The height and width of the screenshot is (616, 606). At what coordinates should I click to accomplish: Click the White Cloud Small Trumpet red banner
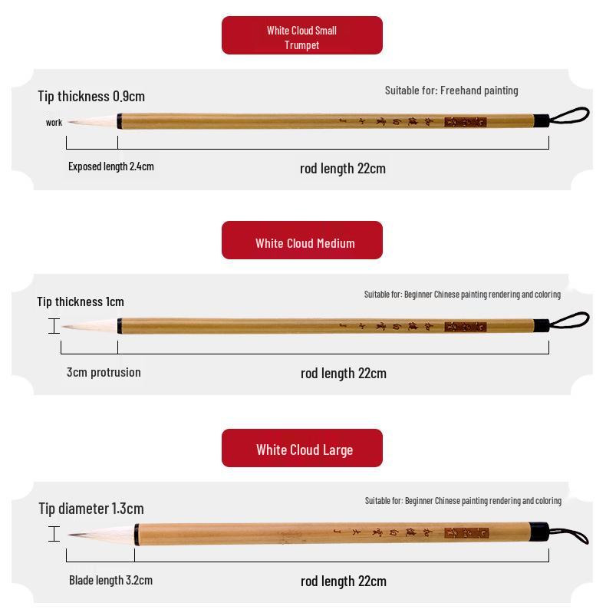click(x=301, y=36)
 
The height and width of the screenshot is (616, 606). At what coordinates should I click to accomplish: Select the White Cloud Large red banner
click(x=301, y=448)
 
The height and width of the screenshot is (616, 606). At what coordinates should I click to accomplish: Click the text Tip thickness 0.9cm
click(x=91, y=96)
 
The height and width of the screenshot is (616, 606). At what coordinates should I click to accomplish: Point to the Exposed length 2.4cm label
click(x=110, y=166)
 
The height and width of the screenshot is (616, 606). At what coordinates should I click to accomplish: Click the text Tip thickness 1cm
click(x=81, y=301)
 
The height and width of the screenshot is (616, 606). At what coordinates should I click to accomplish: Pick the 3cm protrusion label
click(x=104, y=372)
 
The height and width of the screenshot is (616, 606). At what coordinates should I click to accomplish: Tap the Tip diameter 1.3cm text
click(x=91, y=509)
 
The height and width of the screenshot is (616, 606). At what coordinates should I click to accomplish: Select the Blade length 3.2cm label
click(x=110, y=580)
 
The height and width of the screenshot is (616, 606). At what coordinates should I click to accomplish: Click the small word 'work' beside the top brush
click(x=54, y=123)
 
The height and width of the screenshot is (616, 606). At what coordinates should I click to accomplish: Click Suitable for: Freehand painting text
click(x=451, y=91)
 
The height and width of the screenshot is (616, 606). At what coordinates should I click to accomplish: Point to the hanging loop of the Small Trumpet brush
click(x=570, y=116)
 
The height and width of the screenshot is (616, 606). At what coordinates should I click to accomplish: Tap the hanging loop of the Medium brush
click(x=570, y=320)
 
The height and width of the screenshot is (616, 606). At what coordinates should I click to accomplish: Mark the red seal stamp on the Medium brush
click(x=465, y=326)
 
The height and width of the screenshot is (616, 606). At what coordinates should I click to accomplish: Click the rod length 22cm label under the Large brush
click(x=343, y=581)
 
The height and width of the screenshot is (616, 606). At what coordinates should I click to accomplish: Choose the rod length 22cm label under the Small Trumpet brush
click(x=342, y=168)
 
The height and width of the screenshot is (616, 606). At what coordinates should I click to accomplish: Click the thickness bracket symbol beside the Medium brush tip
click(x=54, y=326)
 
